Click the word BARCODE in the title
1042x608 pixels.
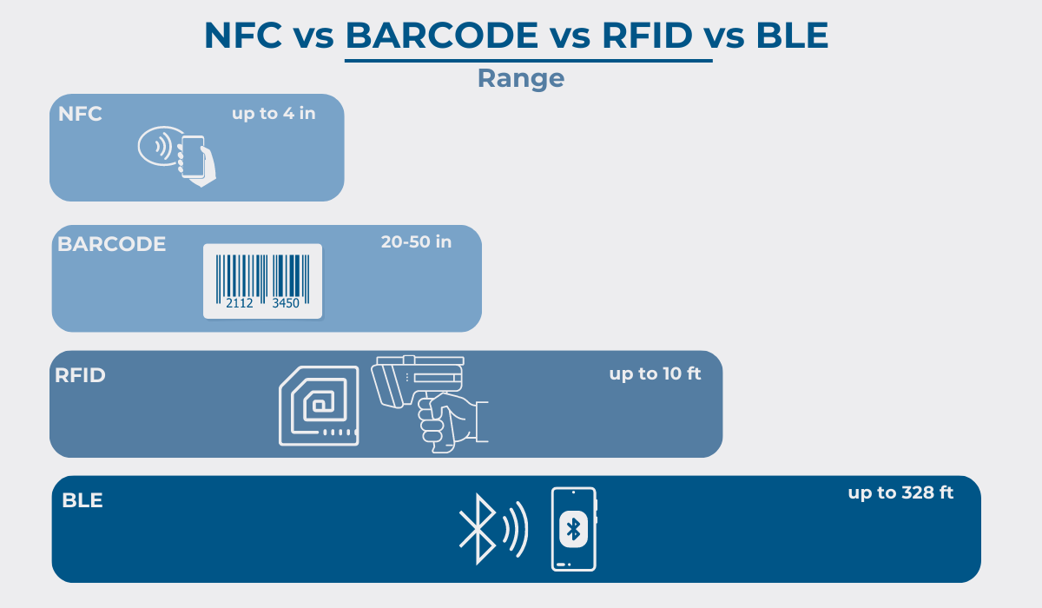coord(442,36)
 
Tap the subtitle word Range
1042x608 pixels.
coord(521,78)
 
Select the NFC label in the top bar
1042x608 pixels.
coord(80,114)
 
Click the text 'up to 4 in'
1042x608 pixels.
coord(274,114)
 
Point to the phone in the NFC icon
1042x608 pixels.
coord(193,156)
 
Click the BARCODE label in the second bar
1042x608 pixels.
coord(112,244)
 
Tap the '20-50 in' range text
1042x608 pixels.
coord(416,242)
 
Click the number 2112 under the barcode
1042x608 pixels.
coord(239,303)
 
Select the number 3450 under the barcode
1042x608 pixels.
coord(286,303)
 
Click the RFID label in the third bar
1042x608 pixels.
coord(80,375)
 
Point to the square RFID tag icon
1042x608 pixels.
coord(320,406)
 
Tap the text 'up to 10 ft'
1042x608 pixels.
coord(655,373)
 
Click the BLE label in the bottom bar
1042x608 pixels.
coord(82,500)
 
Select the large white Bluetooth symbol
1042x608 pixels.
coord(478,529)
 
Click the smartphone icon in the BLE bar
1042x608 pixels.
coord(574,529)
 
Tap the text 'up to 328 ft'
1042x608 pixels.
coord(900,492)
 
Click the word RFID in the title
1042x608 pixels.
coord(647,36)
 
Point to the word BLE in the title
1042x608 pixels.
coord(792,36)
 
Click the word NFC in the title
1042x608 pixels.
coord(243,36)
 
